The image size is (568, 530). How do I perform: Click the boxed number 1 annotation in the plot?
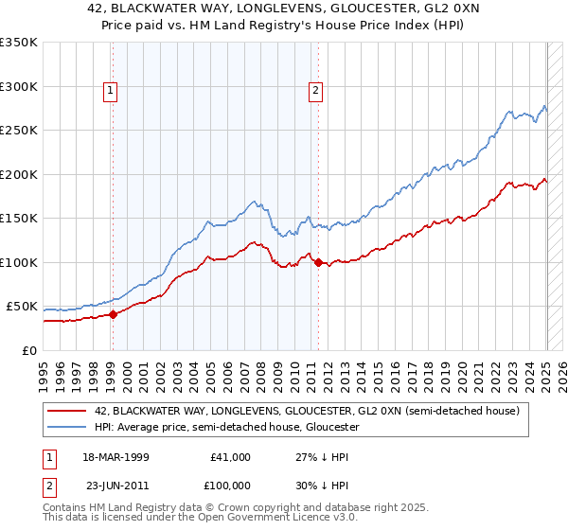pos(112,91)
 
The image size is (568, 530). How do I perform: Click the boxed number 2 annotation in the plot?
pos(315,91)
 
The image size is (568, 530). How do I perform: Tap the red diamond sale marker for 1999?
pos(113,314)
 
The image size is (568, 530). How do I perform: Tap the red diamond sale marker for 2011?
pos(318,262)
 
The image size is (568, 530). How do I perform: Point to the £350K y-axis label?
pos(19,43)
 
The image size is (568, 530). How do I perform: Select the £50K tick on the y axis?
pos(22,307)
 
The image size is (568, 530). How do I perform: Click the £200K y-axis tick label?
pos(19,174)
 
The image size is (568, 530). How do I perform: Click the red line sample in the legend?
pos(66,411)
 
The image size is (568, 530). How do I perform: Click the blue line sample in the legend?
pos(66,428)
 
